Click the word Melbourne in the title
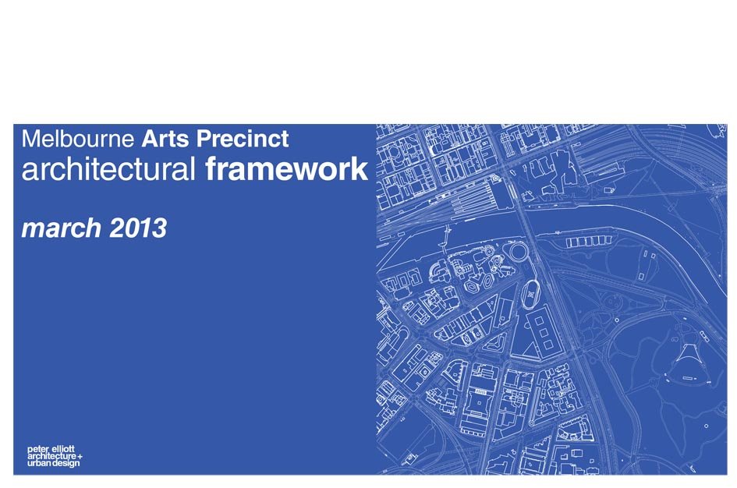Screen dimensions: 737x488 click(78, 139)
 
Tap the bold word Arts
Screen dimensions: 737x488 click(165, 139)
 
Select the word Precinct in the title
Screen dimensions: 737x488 click(243, 139)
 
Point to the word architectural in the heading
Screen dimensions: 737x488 click(108, 169)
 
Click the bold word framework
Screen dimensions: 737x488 click(287, 169)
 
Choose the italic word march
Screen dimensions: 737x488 click(62, 228)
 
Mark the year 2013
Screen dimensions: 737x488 click(138, 228)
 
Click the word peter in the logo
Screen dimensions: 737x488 click(37, 450)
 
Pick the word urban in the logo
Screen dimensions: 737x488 click(39, 463)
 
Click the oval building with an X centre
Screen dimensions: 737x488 click(531, 295)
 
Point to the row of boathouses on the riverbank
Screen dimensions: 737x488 click(588, 242)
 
